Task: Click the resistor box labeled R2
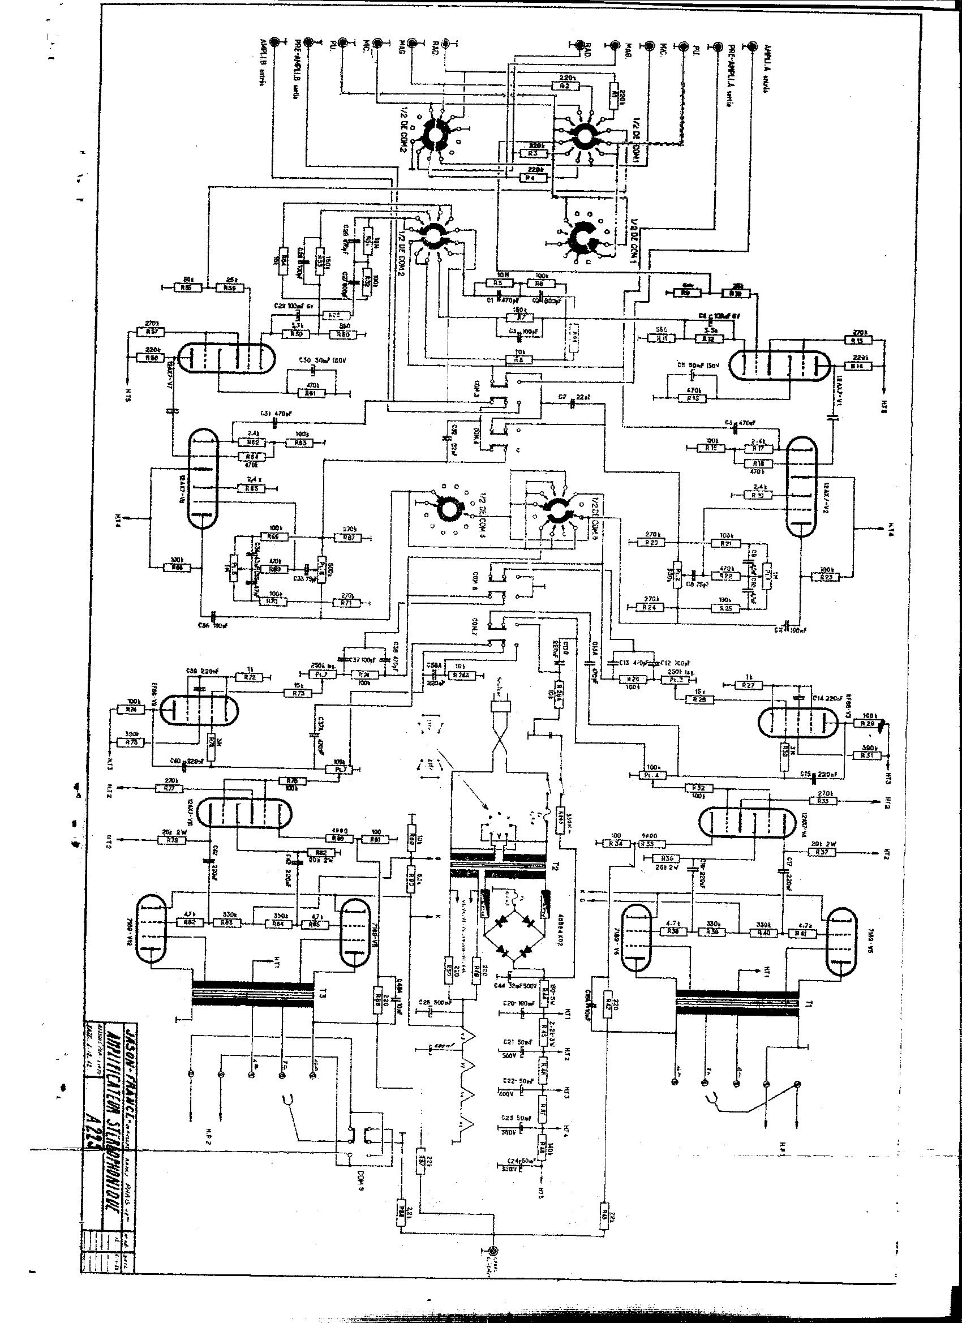click(x=564, y=85)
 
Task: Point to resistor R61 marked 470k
click(x=312, y=394)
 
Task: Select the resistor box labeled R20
click(x=652, y=543)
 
